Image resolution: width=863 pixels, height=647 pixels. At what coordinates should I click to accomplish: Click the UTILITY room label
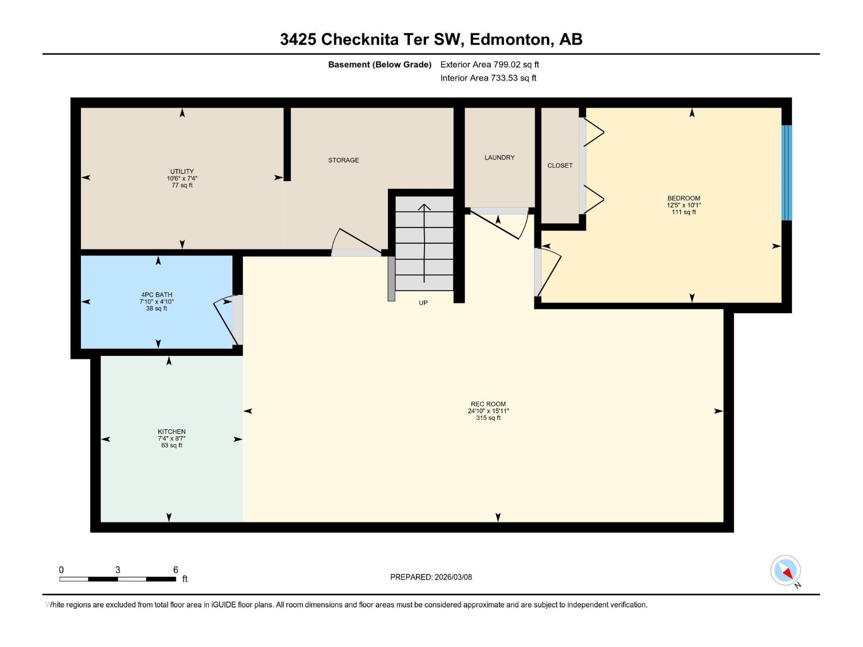click(x=182, y=171)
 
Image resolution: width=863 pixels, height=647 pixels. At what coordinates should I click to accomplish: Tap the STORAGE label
click(x=344, y=160)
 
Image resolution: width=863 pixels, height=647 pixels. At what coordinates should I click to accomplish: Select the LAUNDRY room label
click(x=499, y=157)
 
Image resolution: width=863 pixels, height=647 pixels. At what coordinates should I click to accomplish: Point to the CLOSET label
click(x=560, y=166)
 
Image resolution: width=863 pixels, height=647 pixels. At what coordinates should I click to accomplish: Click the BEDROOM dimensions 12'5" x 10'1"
click(x=683, y=205)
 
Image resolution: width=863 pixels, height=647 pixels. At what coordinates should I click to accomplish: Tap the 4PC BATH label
click(x=156, y=295)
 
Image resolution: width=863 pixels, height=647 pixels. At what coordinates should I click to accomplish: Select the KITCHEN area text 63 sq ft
click(x=172, y=445)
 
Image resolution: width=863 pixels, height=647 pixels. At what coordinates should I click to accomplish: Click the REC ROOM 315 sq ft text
click(x=488, y=418)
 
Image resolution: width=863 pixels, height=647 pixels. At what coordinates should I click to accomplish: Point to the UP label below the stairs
click(x=423, y=303)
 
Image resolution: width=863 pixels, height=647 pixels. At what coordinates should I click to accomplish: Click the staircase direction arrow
click(x=424, y=243)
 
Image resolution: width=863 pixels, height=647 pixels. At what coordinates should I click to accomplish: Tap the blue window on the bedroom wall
click(x=787, y=173)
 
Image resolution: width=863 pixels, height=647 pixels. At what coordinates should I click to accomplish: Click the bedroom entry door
click(x=549, y=272)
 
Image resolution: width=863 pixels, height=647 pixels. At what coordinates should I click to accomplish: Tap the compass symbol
click(x=785, y=570)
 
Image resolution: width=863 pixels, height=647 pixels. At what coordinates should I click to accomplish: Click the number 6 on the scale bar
click(x=175, y=570)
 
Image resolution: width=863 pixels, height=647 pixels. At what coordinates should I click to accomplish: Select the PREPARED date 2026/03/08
click(x=431, y=577)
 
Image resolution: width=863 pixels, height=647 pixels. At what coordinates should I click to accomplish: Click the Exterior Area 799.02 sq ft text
click(x=489, y=65)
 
